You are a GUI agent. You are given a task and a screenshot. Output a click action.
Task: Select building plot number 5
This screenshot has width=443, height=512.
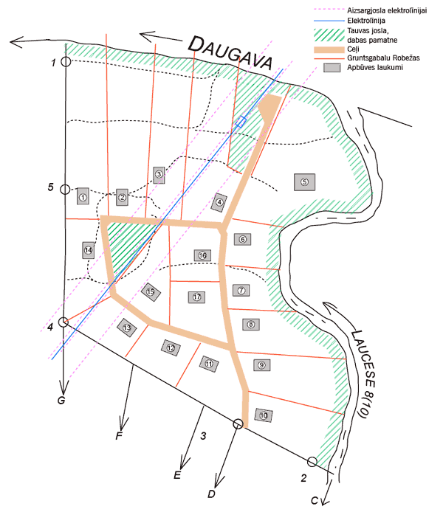(303, 181)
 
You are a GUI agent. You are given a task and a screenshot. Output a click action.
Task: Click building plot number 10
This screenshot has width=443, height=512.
(264, 415)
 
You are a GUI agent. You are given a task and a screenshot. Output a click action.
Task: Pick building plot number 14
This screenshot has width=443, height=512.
(89, 249)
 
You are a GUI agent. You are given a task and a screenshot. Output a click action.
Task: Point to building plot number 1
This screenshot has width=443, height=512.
(83, 197)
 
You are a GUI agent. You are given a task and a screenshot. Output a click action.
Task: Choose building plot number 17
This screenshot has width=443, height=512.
(196, 297)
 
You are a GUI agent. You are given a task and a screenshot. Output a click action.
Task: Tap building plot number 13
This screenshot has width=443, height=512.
(127, 327)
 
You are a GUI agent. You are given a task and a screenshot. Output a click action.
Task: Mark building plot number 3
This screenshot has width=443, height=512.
(158, 175)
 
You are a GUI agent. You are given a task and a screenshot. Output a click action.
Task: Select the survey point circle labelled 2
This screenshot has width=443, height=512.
(312, 462)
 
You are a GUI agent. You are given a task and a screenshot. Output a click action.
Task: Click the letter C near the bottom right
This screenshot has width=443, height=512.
(314, 501)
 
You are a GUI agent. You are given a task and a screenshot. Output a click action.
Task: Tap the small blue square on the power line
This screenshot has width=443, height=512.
(240, 122)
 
